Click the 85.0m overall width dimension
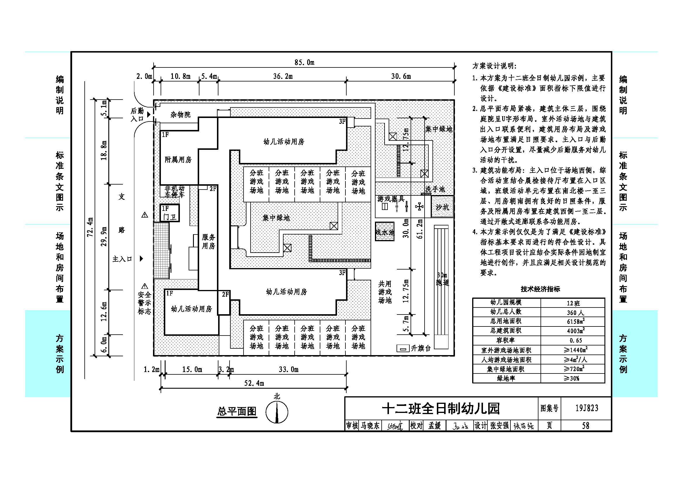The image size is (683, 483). point(304,63)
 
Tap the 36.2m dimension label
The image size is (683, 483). point(283,77)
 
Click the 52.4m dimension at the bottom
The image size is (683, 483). point(254,383)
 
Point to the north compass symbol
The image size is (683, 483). point(277,412)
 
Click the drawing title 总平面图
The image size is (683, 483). point(237,411)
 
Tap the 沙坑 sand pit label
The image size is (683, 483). point(442,207)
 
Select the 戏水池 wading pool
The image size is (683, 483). point(385,232)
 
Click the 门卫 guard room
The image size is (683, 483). point(170,213)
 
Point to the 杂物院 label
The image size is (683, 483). point(180,114)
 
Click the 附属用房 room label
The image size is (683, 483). point(178,160)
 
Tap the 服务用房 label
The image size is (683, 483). point(208,241)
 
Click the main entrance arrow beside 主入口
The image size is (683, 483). point(142,259)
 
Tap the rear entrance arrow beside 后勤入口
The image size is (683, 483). point(149,114)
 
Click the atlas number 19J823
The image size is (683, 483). point(586,408)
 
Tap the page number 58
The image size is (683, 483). point(586,425)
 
